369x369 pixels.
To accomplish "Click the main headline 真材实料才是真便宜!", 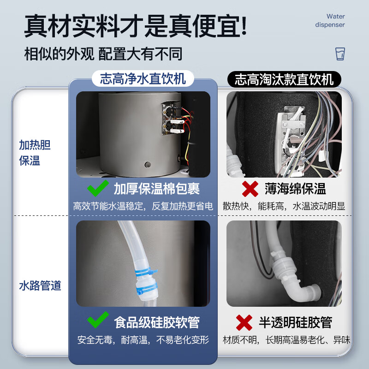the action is coord(136,25).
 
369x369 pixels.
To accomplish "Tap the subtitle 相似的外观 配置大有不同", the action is coord(103,54).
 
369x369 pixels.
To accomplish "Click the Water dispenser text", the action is coord(330,20).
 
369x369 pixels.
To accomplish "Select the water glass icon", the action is coord(340,54).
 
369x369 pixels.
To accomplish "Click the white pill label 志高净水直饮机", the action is coord(143,78).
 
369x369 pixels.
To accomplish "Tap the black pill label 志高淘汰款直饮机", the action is coord(284,79).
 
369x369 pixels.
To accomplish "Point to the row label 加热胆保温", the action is coord(35,153).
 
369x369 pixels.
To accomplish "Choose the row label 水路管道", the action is coord(40,286).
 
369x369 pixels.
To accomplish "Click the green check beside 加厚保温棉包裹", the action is coord(98,188).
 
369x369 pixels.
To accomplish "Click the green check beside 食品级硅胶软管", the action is coord(98,320).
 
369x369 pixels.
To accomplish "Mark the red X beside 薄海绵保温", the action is coord(250,189).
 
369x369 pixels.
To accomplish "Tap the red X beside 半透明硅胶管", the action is coord(244,322).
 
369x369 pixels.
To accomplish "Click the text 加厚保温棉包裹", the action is coord(157,189).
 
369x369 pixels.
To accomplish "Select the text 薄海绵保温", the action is coord(295,189).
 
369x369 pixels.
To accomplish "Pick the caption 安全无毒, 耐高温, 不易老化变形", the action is coord(143,340).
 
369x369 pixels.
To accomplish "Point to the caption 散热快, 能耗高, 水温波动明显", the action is coord(284,206).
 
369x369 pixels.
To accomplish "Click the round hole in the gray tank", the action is coord(148,165).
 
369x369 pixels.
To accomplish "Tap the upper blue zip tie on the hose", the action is coord(146,272).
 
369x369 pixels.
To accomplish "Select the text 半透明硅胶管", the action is coord(295,322).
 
